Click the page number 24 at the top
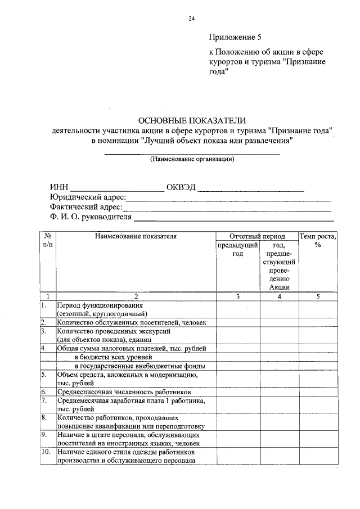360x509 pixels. pos(191,19)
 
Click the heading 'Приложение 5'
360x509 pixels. pos(235,38)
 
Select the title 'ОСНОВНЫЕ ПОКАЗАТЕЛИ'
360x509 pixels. pos(192,120)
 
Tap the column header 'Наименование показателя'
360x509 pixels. pos(136,236)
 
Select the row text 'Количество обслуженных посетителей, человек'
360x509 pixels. pos(132,322)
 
